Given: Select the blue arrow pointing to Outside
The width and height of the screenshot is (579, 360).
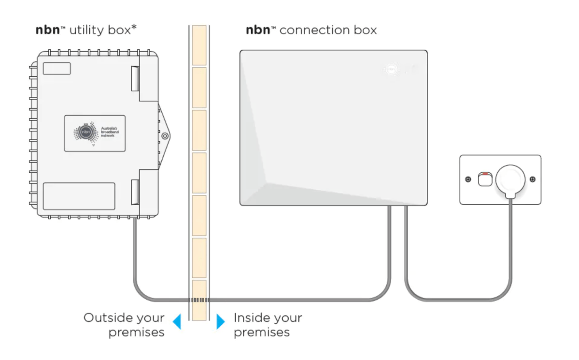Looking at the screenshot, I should click(177, 321).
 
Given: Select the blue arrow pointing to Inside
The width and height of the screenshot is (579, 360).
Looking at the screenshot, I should click(221, 321).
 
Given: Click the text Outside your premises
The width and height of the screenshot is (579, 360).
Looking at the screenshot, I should click(124, 325).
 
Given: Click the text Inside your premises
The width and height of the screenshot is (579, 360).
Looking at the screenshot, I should click(268, 325).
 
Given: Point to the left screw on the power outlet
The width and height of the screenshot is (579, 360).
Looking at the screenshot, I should click(468, 180).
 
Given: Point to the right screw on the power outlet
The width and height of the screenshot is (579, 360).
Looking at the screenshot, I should click(532, 180).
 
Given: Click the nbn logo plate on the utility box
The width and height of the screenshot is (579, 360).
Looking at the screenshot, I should click(95, 133).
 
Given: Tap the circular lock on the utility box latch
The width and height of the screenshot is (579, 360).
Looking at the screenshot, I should click(165, 136).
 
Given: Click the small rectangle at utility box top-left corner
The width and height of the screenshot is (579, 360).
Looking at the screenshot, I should click(56, 69).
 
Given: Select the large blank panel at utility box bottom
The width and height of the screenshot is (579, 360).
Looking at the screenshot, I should click(79, 196).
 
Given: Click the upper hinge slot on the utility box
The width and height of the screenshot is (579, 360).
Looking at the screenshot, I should click(135, 79).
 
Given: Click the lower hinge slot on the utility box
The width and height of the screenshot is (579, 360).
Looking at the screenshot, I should click(135, 192).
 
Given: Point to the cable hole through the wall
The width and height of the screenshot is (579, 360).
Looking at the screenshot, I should click(199, 300).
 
